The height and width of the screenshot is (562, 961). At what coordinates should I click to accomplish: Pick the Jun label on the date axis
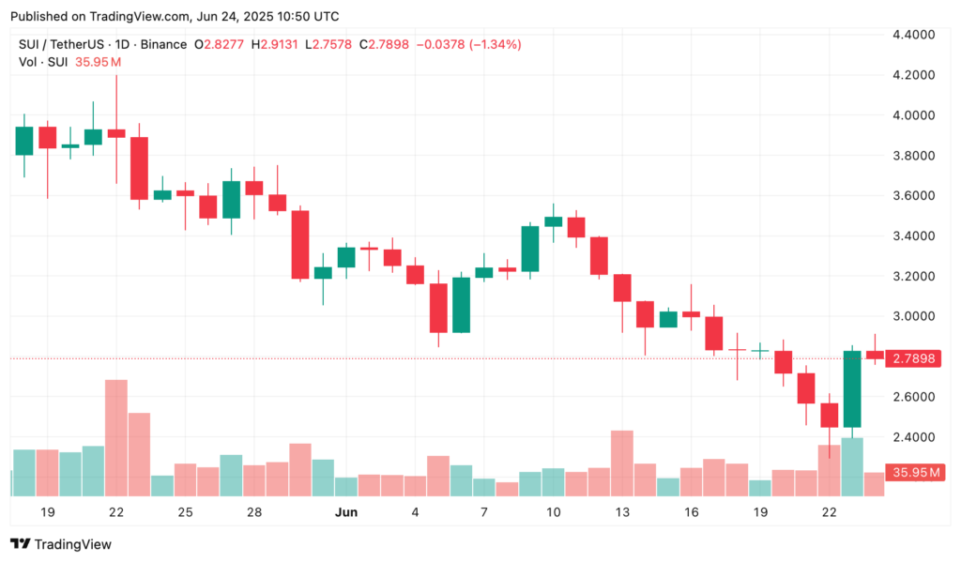click(x=345, y=512)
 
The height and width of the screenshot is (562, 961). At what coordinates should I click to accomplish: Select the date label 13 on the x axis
click(x=622, y=512)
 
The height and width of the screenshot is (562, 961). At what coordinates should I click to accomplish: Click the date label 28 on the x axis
click(x=254, y=512)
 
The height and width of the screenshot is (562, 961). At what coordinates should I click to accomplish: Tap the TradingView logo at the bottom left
click(x=61, y=544)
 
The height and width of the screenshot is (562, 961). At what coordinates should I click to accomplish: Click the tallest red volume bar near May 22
click(x=116, y=437)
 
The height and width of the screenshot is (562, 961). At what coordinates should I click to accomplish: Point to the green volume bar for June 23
click(x=852, y=466)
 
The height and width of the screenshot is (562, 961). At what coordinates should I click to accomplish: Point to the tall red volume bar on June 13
click(x=622, y=463)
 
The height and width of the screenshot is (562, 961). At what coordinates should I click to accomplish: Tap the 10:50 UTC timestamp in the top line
click(x=301, y=16)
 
